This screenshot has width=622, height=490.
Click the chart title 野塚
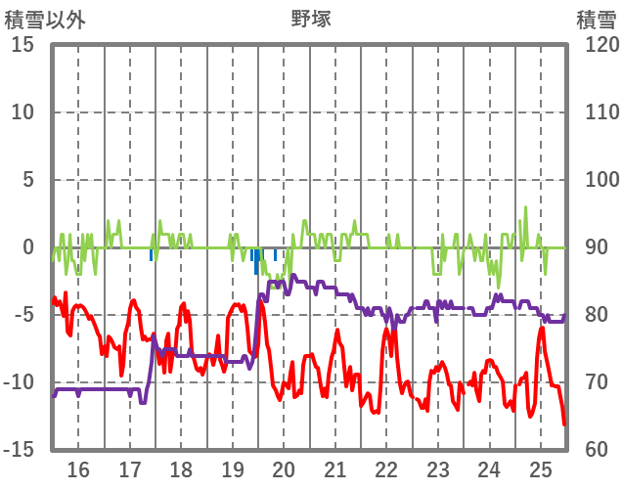tap(311, 19)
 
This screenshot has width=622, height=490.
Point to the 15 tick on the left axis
tap(22, 45)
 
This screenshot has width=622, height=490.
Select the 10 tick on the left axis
tap(22, 112)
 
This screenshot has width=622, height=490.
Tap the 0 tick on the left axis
tap(28, 247)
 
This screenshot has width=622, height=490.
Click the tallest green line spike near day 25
tap(526, 208)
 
